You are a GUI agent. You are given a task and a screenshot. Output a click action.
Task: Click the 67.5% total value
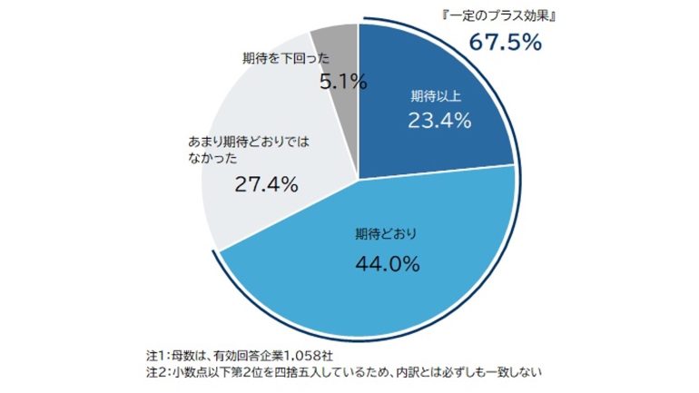coord(505,43)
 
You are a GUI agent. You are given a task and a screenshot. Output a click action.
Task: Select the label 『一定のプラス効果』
coord(506,15)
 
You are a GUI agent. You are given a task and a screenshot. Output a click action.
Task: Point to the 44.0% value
coord(387,264)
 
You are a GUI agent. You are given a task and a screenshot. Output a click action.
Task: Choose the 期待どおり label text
coord(386,234)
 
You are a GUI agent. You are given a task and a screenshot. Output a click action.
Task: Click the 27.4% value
coord(267,184)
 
